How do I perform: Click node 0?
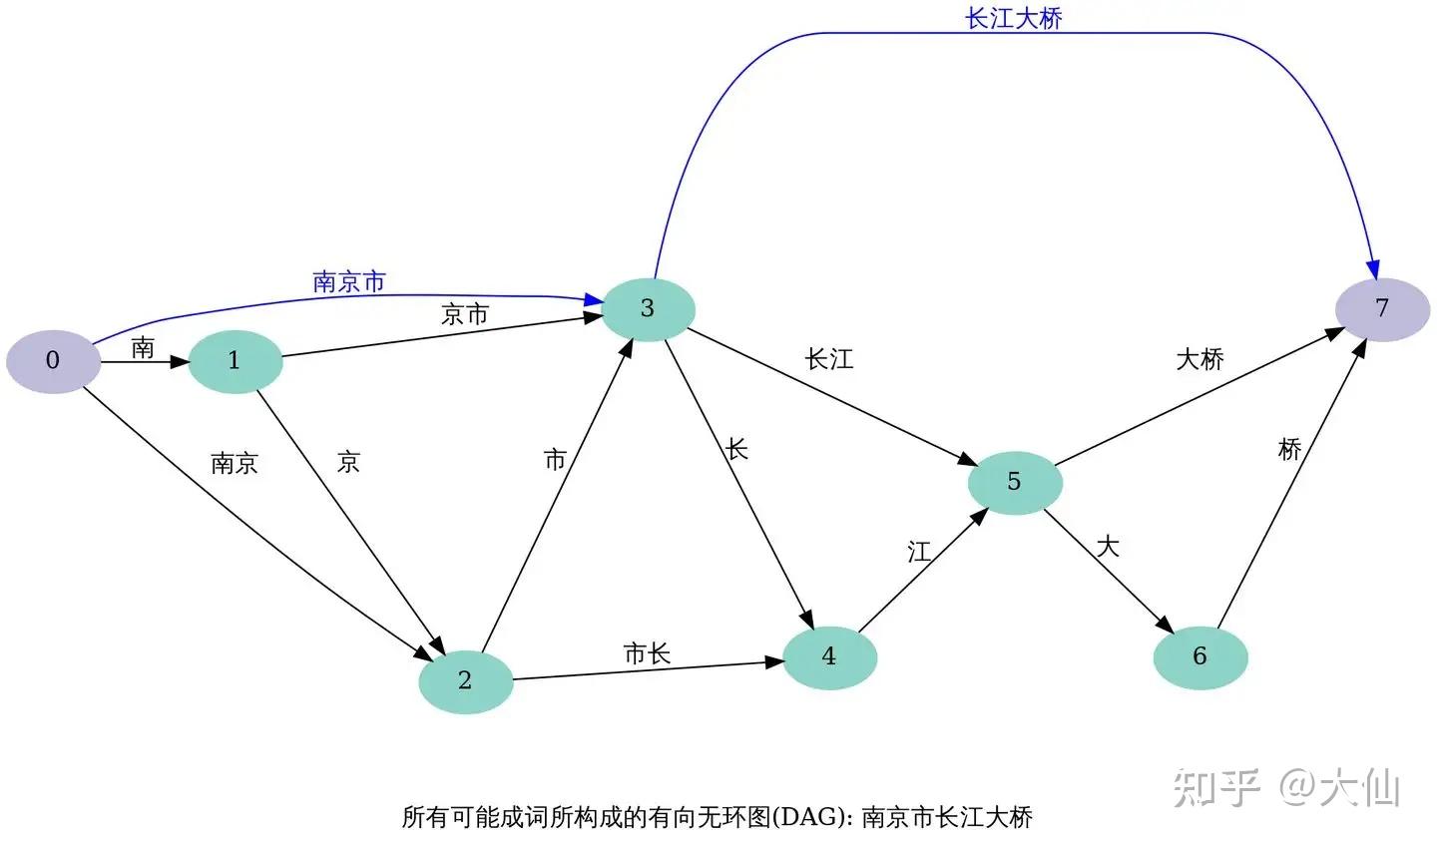(53, 360)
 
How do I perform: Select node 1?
(235, 360)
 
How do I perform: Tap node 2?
(465, 680)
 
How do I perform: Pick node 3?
(648, 308)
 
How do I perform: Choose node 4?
(829, 656)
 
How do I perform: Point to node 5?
(1015, 482)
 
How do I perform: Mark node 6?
(1200, 656)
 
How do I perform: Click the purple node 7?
(1382, 308)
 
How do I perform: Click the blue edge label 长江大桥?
(1014, 18)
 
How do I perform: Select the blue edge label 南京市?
(349, 281)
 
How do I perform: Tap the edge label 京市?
(465, 314)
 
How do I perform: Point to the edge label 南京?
(235, 463)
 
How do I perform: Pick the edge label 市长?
(647, 653)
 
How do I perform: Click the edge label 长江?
(829, 359)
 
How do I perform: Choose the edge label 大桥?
(1199, 359)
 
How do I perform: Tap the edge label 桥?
(1290, 449)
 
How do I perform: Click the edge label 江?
(919, 552)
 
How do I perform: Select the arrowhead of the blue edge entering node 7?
(1373, 269)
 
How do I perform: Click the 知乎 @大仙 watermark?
(1287, 788)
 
